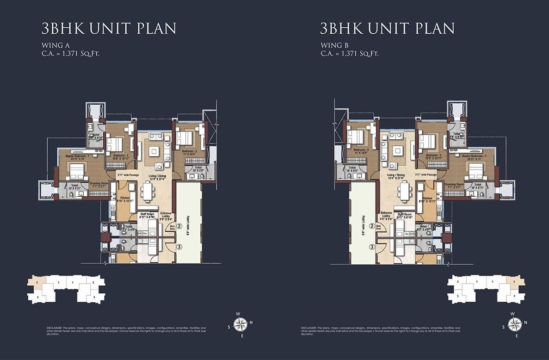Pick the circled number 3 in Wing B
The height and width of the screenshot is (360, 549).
pyautogui.click(x=372, y=247)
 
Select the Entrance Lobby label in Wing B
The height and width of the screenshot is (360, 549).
pyautogui.click(x=386, y=215)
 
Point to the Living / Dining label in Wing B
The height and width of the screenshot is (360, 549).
pyautogui.click(x=395, y=175)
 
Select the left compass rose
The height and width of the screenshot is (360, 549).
pyautogui.click(x=241, y=324)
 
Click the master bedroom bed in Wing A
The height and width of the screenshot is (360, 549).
pyautogui.click(x=76, y=170)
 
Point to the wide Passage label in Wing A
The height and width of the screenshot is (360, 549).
pyautogui.click(x=128, y=175)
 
